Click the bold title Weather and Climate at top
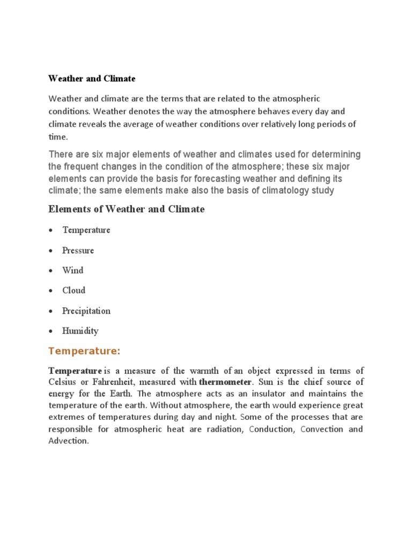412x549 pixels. pos(92,79)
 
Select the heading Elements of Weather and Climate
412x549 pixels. pos(126,210)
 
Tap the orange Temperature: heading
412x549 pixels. pos(84,351)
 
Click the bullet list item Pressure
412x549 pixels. pos(78,250)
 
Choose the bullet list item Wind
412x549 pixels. pos(73,270)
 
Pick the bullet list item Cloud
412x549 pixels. pos(74,291)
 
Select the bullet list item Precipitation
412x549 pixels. pos(86,311)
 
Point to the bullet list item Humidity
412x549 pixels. pos(80,331)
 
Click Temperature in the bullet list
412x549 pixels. pos(86,230)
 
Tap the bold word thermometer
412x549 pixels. pos(225,382)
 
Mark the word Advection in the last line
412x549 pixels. pos(68,441)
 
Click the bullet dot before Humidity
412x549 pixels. pos(50,331)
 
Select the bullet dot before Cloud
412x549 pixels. pos(50,291)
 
